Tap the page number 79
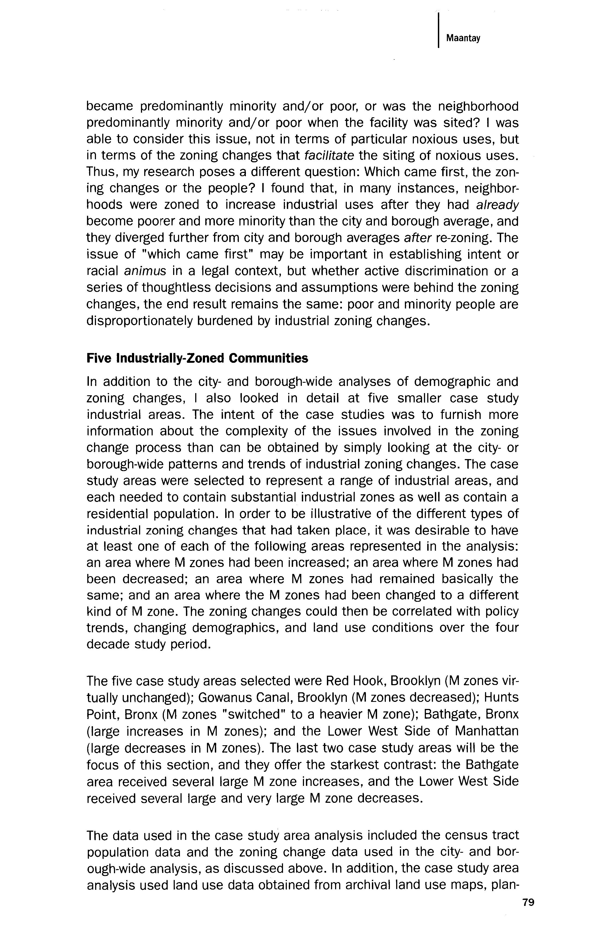pyautogui.click(x=528, y=902)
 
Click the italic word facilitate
pyautogui.click(x=329, y=156)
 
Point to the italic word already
pyautogui.click(x=497, y=205)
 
